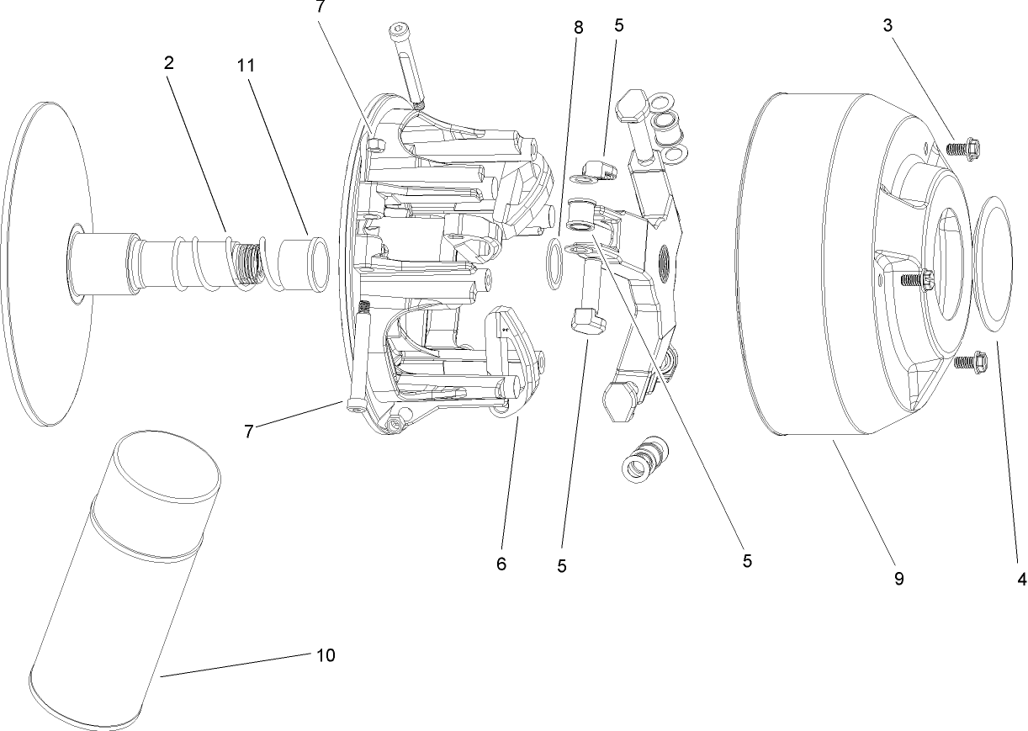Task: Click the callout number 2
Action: pos(169,62)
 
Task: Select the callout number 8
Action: pos(578,27)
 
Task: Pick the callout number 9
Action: pos(899,579)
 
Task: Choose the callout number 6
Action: pos(501,564)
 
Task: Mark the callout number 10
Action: pos(326,655)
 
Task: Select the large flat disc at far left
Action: pos(46,261)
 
